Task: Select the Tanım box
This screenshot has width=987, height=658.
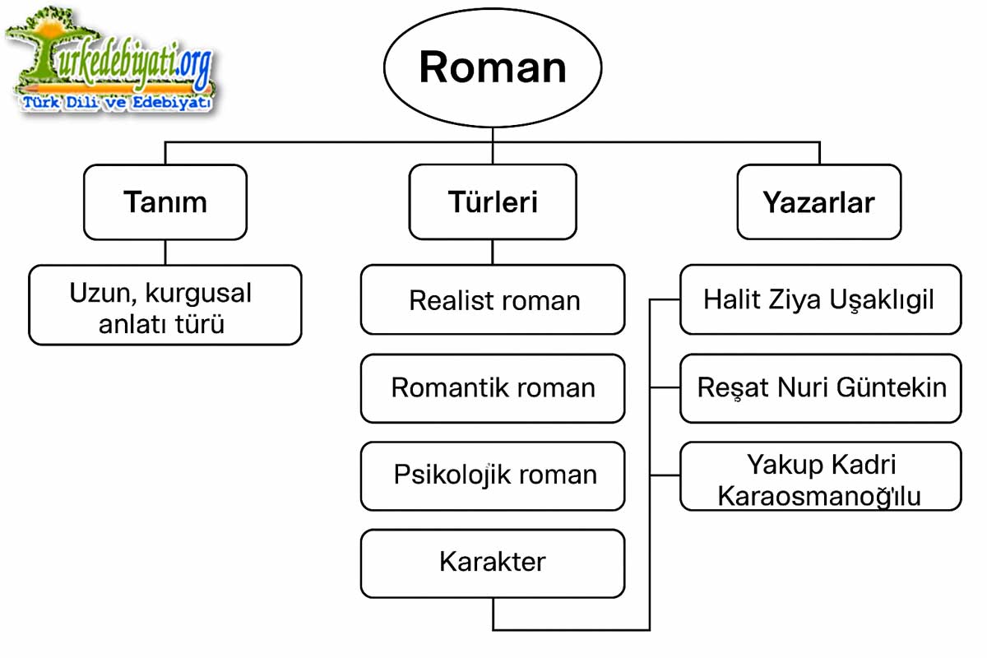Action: [x=164, y=202]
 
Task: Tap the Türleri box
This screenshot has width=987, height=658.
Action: [x=492, y=202]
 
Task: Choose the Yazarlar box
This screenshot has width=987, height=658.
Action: [x=818, y=202]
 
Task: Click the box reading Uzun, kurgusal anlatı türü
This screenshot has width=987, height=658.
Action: [x=164, y=306]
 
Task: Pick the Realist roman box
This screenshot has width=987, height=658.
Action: [x=492, y=300]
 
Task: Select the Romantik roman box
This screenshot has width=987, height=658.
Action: [x=492, y=388]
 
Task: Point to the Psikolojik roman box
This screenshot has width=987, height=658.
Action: [x=492, y=475]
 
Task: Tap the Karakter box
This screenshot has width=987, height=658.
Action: [x=492, y=563]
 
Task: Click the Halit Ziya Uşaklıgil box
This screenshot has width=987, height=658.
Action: [x=819, y=299]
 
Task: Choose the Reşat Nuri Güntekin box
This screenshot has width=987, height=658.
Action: [x=819, y=388]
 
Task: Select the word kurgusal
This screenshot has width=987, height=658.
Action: [x=198, y=293]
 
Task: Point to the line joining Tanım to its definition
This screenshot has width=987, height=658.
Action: [x=164, y=253]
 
